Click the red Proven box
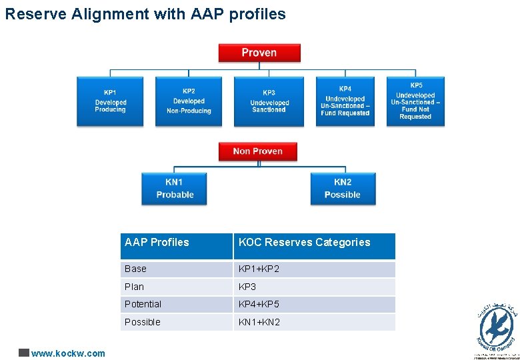click(259, 53)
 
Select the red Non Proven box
click(258, 151)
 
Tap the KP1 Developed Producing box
click(110, 101)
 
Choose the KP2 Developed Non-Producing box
click(189, 101)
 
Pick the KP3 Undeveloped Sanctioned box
click(269, 101)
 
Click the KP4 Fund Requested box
click(345, 101)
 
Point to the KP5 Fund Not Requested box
click(415, 101)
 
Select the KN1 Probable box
click(174, 189)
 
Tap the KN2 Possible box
click(343, 189)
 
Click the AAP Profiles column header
click(157, 243)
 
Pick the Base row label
click(135, 269)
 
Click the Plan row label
click(134, 287)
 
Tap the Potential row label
click(143, 304)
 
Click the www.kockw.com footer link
click(68, 353)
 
